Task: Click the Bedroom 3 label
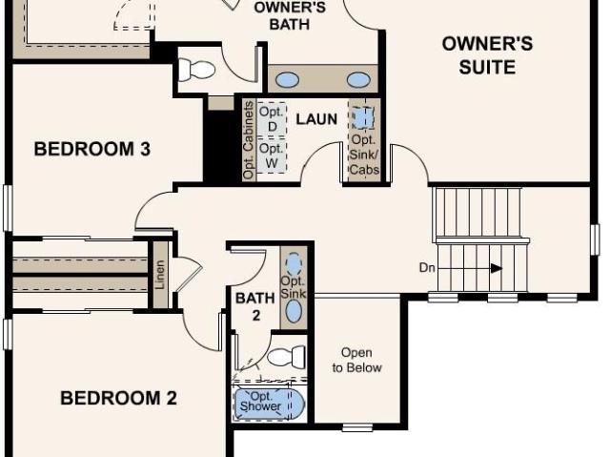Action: pos(92,149)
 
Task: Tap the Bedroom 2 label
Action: pos(118,398)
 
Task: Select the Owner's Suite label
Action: pos(487,55)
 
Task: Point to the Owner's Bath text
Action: pos(290,15)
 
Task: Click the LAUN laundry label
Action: pos(316,119)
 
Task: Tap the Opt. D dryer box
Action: pos(272,119)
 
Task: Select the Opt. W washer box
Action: pos(272,156)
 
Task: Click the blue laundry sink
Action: pos(363,117)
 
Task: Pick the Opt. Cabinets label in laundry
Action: pos(249,140)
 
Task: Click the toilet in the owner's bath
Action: pos(196,70)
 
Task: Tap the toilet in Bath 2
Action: pos(287,356)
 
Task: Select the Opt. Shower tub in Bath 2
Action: pos(269,404)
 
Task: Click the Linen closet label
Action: pos(160,275)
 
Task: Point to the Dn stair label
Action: pos(427,268)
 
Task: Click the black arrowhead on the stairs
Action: pos(496,268)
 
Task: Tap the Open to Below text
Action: pos(356,360)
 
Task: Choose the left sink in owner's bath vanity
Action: pos(287,80)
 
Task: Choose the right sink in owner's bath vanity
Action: pos(358,80)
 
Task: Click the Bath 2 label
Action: pos(255,307)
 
